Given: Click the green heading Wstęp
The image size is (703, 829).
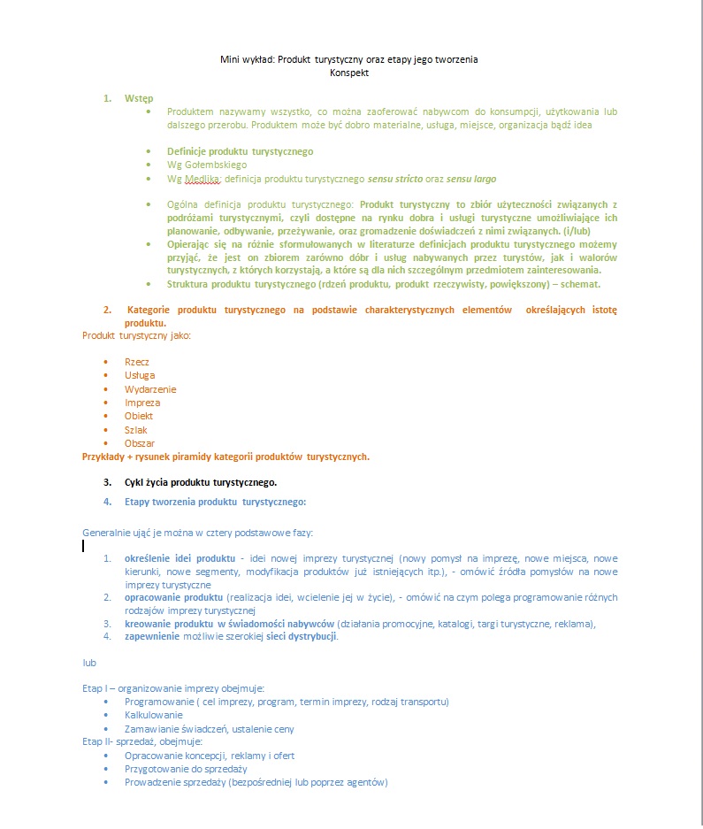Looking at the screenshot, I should (139, 98).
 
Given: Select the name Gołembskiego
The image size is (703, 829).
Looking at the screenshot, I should (216, 165).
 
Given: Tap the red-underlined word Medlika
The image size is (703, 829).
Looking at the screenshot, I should (202, 179).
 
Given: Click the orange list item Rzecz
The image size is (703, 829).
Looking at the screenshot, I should (137, 362).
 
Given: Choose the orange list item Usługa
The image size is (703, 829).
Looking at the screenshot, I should (140, 375).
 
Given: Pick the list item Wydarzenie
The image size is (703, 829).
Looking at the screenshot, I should (150, 389).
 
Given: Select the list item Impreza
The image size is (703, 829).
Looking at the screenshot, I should (142, 403).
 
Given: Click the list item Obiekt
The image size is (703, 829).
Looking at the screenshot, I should (139, 416).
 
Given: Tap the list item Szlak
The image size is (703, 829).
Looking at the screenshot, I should (136, 430).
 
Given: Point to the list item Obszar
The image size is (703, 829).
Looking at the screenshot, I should (140, 443).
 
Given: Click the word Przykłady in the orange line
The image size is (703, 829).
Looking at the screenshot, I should (103, 457).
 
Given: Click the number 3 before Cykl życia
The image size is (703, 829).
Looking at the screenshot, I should (106, 482).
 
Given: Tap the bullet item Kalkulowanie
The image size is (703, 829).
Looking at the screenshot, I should (154, 715).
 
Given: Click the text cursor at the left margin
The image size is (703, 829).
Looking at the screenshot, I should (83, 546).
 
